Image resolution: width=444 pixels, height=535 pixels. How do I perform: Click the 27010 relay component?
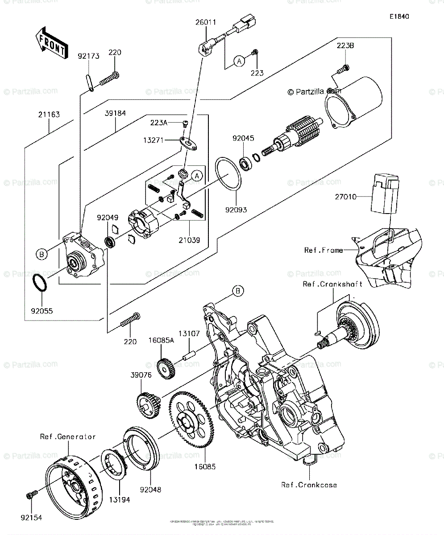pos(385,201)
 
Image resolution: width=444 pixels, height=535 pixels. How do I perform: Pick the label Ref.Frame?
pos(324,250)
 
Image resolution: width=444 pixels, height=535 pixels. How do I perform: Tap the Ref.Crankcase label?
pos(309,485)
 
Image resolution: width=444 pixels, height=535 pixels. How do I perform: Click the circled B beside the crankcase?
pos(238,291)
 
